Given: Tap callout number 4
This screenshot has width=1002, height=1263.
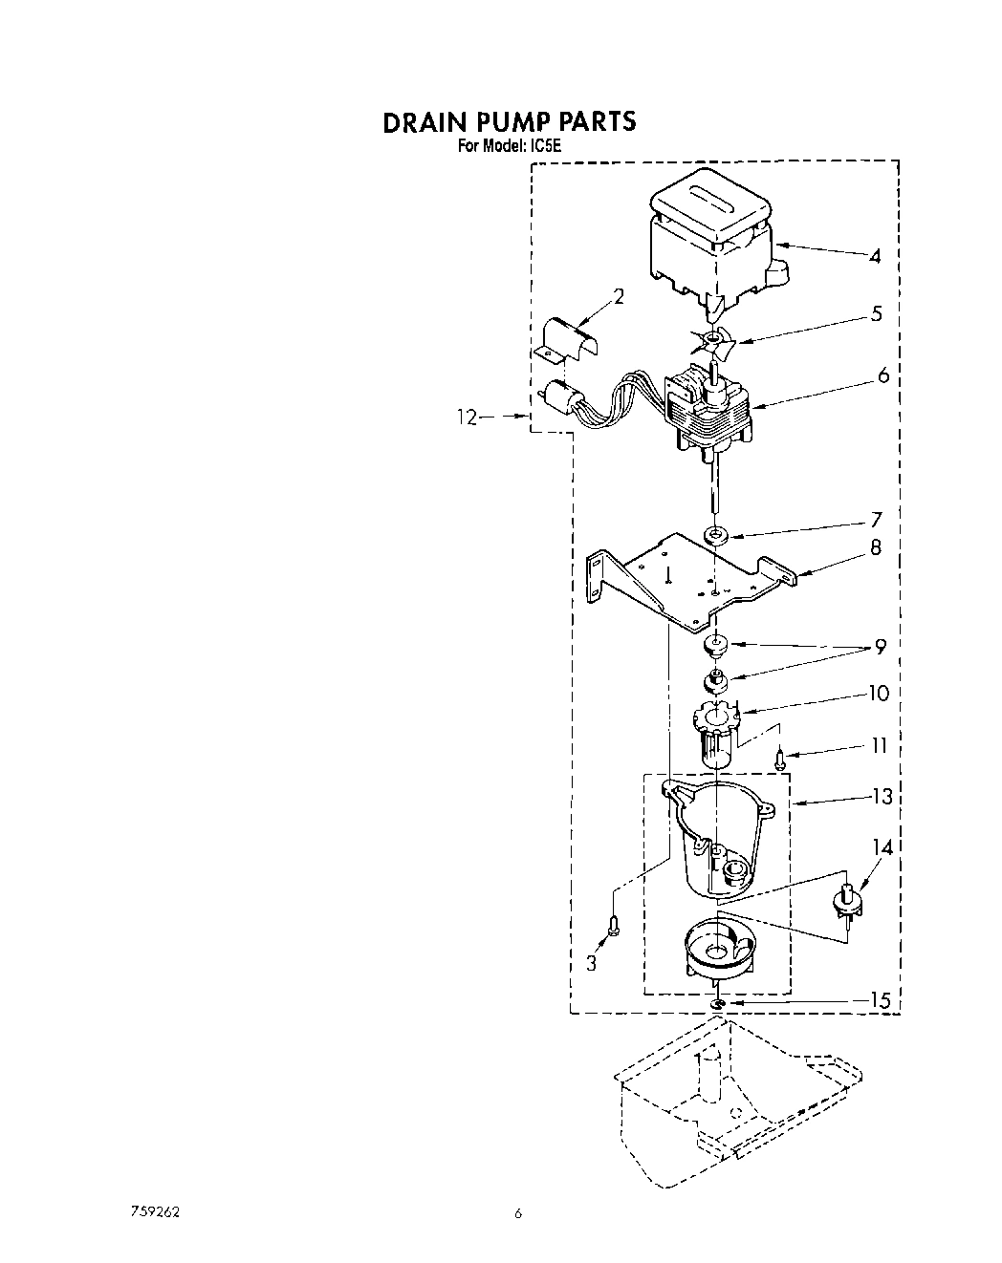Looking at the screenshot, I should point(875,256).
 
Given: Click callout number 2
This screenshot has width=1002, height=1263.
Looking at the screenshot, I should point(619,297).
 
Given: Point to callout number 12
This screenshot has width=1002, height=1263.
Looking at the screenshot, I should point(467,417).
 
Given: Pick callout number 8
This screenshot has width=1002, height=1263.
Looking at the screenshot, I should point(875,548).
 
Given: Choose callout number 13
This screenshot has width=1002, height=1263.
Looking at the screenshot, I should point(882,797).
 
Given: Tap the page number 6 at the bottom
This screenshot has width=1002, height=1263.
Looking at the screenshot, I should point(517,1214).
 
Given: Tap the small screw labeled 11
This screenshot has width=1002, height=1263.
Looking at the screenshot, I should point(780,760).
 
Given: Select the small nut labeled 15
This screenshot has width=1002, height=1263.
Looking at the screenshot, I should point(716,1004).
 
